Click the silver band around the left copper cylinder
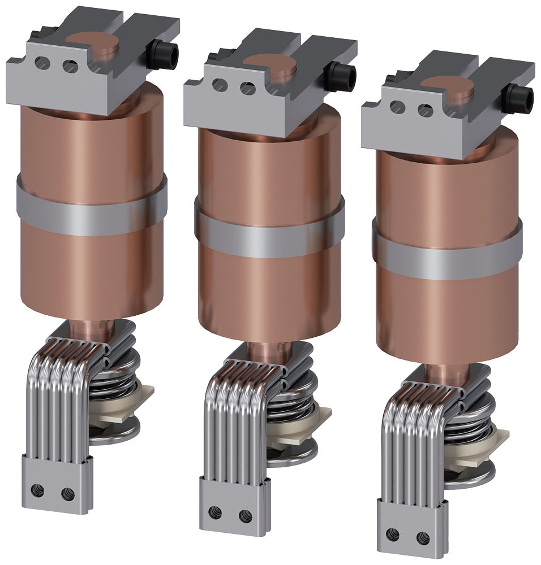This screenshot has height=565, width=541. point(91,208)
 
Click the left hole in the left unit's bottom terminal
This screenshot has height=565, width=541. point(37,490)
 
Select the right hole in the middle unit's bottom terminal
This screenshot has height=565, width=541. point(245,515)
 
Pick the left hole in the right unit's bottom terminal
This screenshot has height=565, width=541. point(393,534)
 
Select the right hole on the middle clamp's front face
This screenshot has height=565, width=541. point(248,88)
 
